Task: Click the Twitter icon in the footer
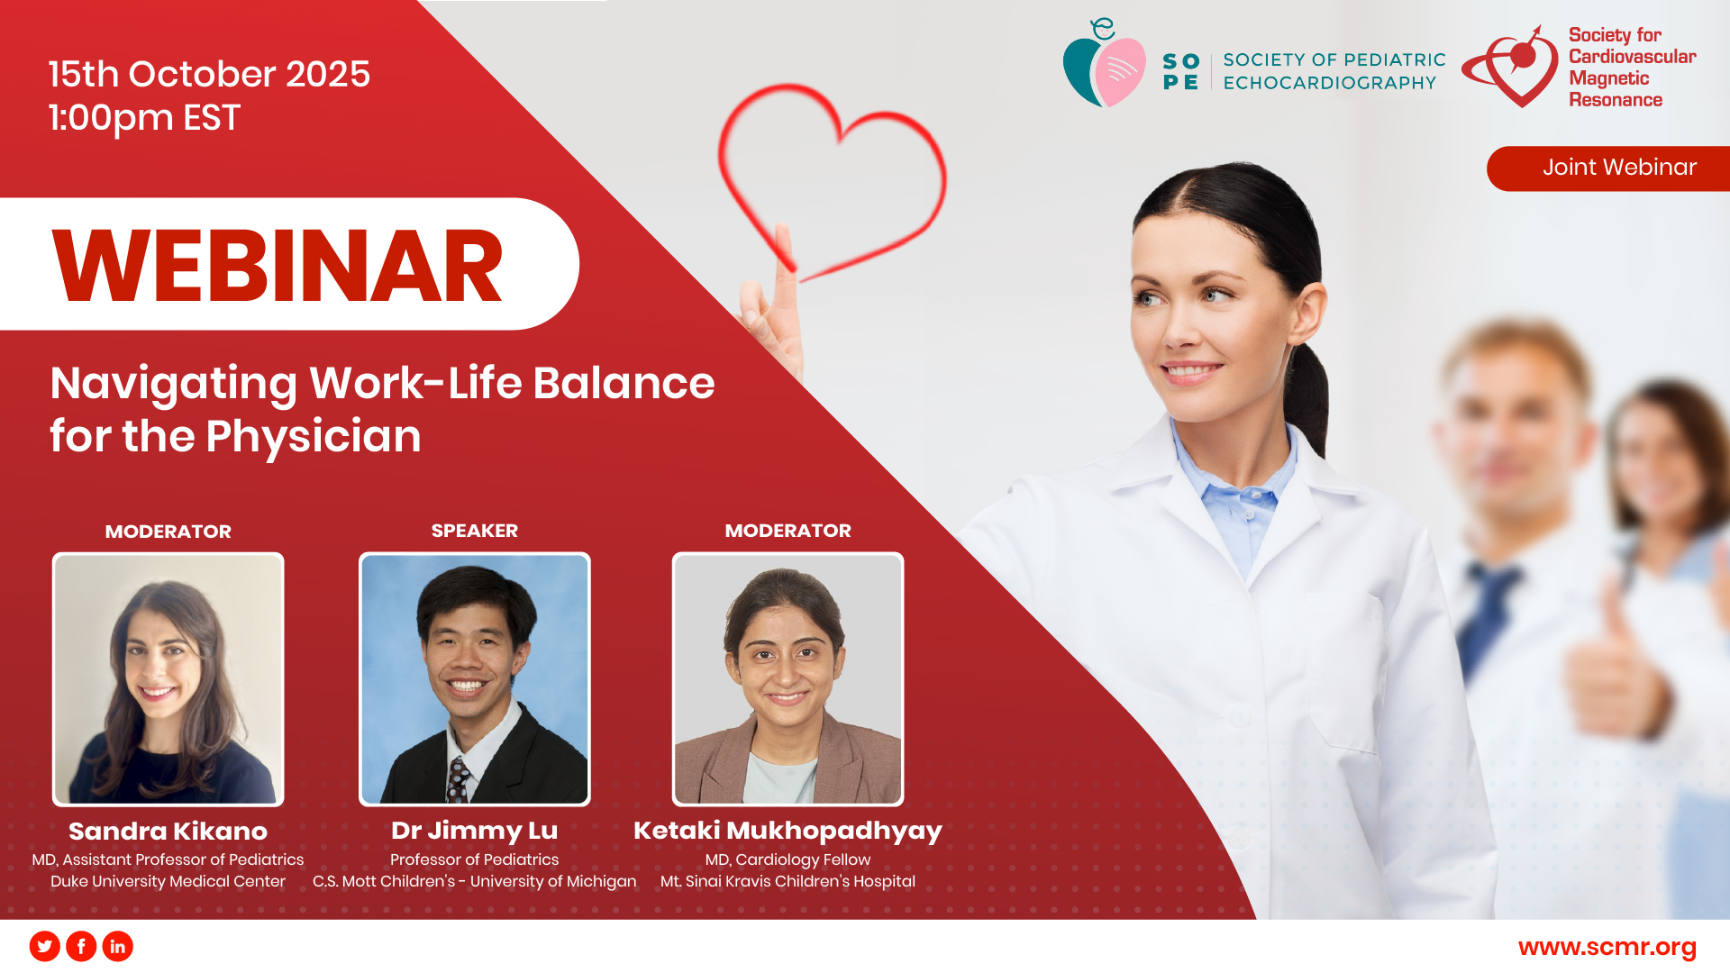pos(45,946)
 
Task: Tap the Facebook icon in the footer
pos(81,946)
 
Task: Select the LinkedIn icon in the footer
pos(117,946)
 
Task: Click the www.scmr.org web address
pos(1607,948)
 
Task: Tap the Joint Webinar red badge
pos(1608,168)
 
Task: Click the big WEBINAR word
pos(278,266)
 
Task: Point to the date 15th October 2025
pos(209,74)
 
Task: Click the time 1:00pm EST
pos(144,118)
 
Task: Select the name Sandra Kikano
pos(168,831)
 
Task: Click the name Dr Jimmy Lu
pos(474,831)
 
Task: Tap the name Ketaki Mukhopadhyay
pos(788,831)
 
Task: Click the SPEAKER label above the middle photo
pos(474,531)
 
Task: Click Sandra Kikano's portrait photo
pos(168,678)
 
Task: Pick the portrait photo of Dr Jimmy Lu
pos(475,678)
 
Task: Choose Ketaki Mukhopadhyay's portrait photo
pos(788,678)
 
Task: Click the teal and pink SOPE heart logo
pos(1104,65)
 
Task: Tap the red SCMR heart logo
pos(1511,68)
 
